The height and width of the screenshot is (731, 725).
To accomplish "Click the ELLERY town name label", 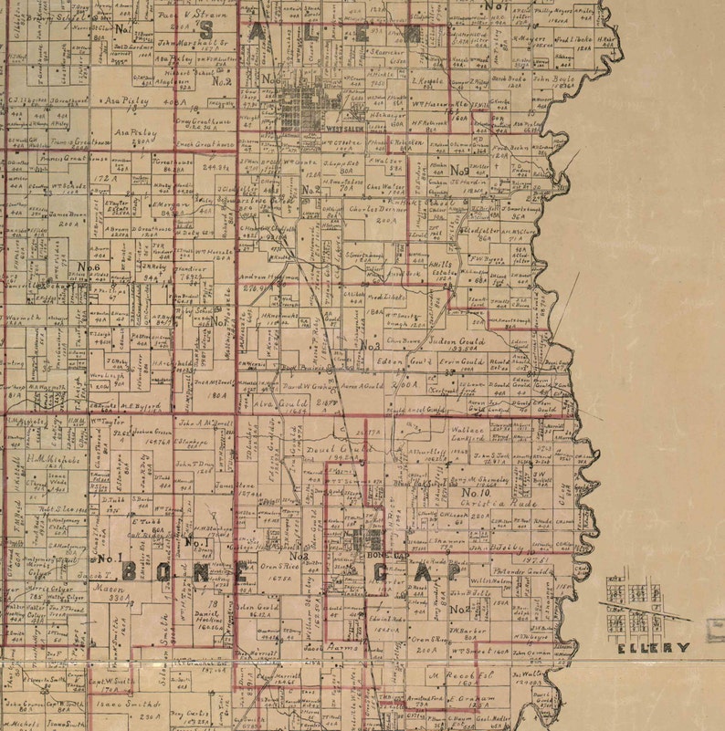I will tap(653, 647).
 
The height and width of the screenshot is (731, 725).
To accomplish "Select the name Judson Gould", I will tap(457, 342).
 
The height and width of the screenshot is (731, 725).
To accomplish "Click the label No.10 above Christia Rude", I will tap(489, 492).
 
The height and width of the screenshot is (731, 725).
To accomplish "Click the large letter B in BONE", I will tap(131, 571).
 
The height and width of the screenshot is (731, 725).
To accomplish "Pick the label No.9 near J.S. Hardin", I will tap(459, 170).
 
